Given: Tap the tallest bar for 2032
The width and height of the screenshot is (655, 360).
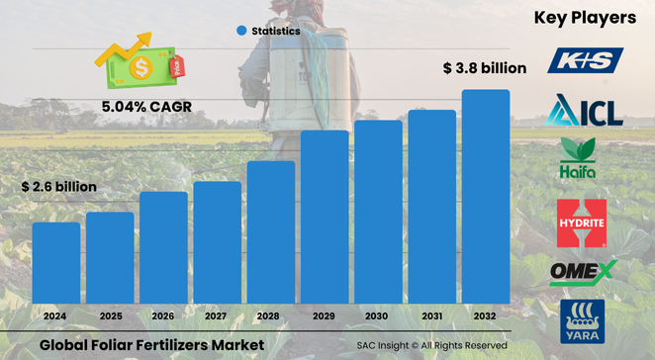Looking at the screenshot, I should pos(486,197).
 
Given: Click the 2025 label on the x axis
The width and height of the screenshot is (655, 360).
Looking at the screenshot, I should pos(110,315).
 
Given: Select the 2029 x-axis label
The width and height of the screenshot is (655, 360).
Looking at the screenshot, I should pos(325,315).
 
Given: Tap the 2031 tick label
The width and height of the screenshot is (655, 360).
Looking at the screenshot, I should pos(432,315).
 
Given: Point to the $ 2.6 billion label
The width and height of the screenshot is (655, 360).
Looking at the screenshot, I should pos(59,187).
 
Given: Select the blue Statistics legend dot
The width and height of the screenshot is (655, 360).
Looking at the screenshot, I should pos(240,31).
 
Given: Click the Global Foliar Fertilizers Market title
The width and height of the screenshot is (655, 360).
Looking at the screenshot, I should pos(152,344).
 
